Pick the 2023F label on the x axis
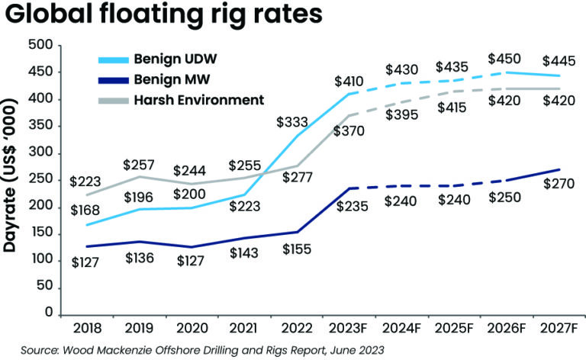349,328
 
